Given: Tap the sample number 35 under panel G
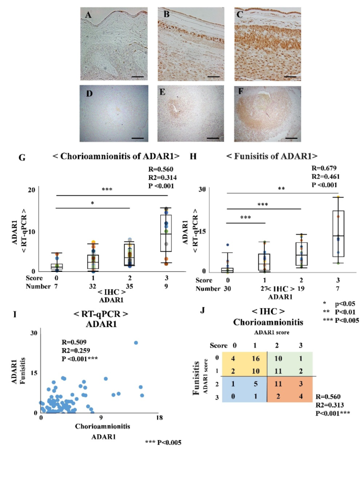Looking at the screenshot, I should (130, 284).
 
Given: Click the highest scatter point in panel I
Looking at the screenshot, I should (136, 343).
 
